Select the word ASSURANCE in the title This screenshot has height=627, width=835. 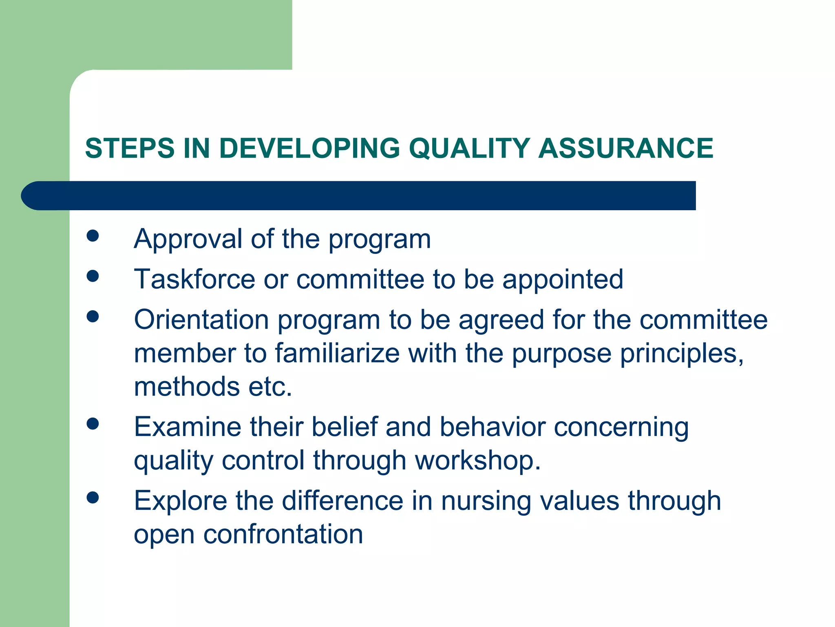625,148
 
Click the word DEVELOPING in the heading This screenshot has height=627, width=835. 309,148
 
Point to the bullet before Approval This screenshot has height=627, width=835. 93,236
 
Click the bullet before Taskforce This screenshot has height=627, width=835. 93,276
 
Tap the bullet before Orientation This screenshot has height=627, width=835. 93,316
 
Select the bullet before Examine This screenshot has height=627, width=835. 93,424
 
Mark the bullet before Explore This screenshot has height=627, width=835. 93,497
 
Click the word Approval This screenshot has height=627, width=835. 188,239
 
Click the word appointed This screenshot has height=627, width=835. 563,280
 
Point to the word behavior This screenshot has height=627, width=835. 493,427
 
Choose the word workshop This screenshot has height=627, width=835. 477,460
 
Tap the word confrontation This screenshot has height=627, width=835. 283,534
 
